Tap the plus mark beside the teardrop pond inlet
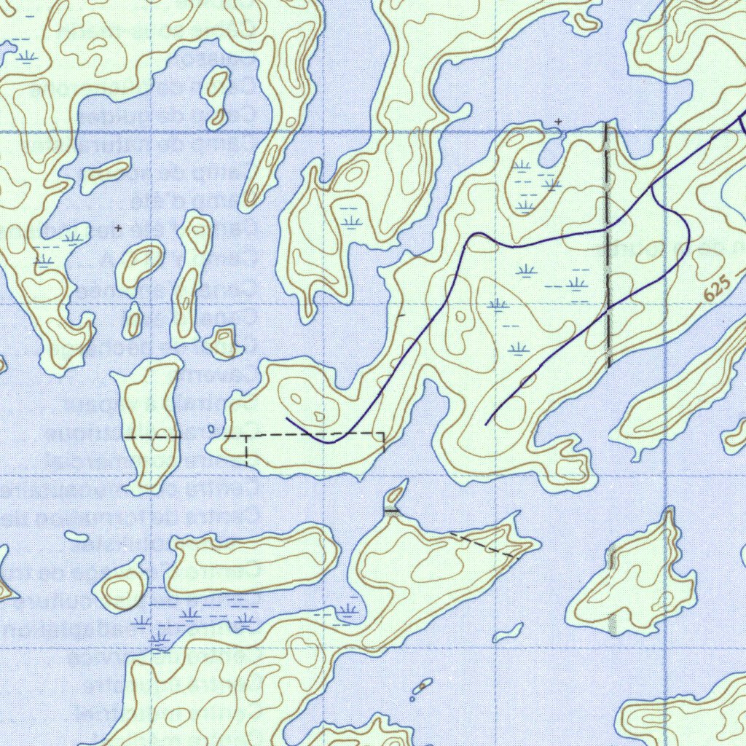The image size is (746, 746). [x=559, y=120]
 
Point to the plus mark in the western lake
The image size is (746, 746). [x=119, y=228]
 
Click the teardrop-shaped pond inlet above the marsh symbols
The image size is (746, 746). [x=551, y=151]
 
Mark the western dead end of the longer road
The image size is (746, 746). [x=287, y=419]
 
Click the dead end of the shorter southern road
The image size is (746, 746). [x=487, y=423]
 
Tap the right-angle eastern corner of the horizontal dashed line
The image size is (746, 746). [x=383, y=433]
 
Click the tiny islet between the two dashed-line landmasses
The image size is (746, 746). [x=211, y=429]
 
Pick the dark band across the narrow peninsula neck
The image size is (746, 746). [x=393, y=512]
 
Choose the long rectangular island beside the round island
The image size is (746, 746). [x=251, y=559]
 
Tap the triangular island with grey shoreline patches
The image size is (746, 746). [x=633, y=576]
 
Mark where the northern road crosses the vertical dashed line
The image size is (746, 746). [x=608, y=229]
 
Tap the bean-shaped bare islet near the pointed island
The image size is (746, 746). [x=508, y=632]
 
